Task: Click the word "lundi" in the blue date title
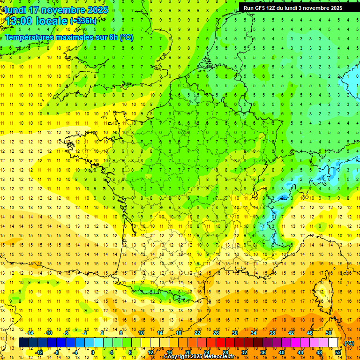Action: point(15,10)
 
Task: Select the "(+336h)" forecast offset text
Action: point(83,21)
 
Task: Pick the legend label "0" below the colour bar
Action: point(93,352)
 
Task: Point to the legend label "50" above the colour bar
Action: point(329,333)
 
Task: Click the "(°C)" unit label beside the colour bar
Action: point(349,343)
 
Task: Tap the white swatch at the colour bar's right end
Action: point(333,343)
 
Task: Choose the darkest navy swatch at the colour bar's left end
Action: point(23,343)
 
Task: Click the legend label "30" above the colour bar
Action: point(235,333)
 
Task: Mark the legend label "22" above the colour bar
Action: point(197,333)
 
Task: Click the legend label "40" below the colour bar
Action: point(282,352)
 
